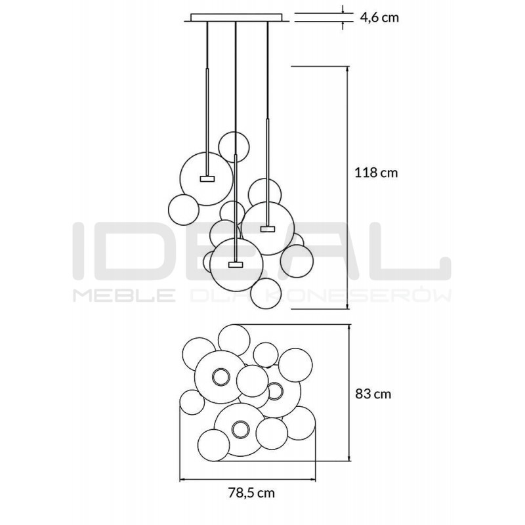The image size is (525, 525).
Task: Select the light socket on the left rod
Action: [x=206, y=177]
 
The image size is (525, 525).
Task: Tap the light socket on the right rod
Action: [x=267, y=228]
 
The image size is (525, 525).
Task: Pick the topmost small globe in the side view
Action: [x=234, y=145]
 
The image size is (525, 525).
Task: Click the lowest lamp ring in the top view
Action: [x=240, y=430]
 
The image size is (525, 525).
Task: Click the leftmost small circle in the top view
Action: [x=191, y=402]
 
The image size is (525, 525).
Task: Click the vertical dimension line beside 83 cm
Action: [x=348, y=394]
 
